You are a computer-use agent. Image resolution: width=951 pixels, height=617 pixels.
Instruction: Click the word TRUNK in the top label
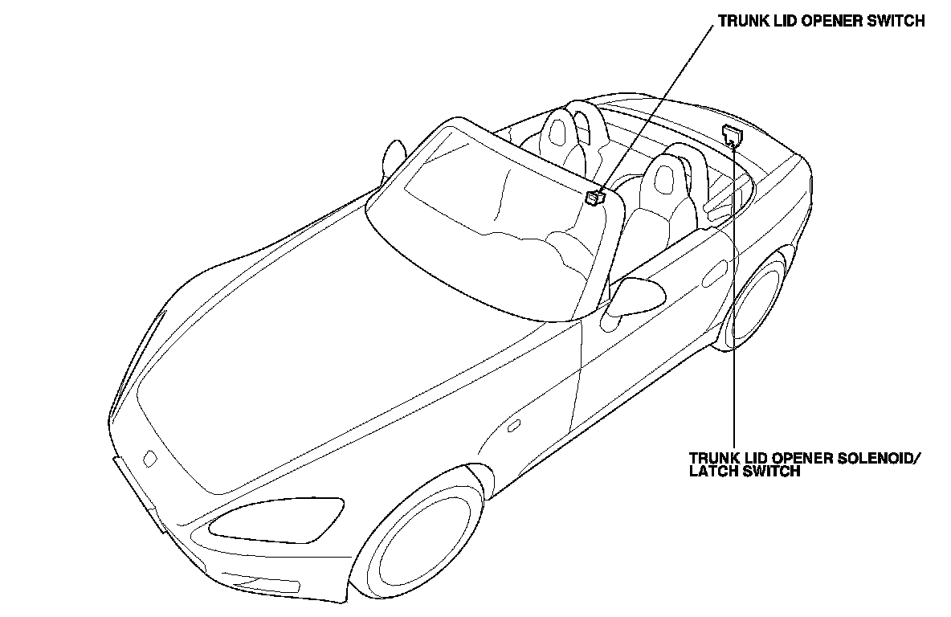[739, 22]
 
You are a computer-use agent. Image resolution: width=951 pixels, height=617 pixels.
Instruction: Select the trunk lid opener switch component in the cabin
[595, 197]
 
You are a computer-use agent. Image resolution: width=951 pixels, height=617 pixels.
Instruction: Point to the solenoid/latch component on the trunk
[731, 134]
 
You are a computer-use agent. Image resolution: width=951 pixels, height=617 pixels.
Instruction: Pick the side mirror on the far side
[394, 157]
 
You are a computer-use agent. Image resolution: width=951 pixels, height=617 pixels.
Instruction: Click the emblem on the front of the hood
[150, 459]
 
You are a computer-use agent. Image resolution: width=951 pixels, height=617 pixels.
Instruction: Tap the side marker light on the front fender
[512, 425]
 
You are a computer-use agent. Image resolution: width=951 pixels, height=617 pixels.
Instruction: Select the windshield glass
[482, 225]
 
